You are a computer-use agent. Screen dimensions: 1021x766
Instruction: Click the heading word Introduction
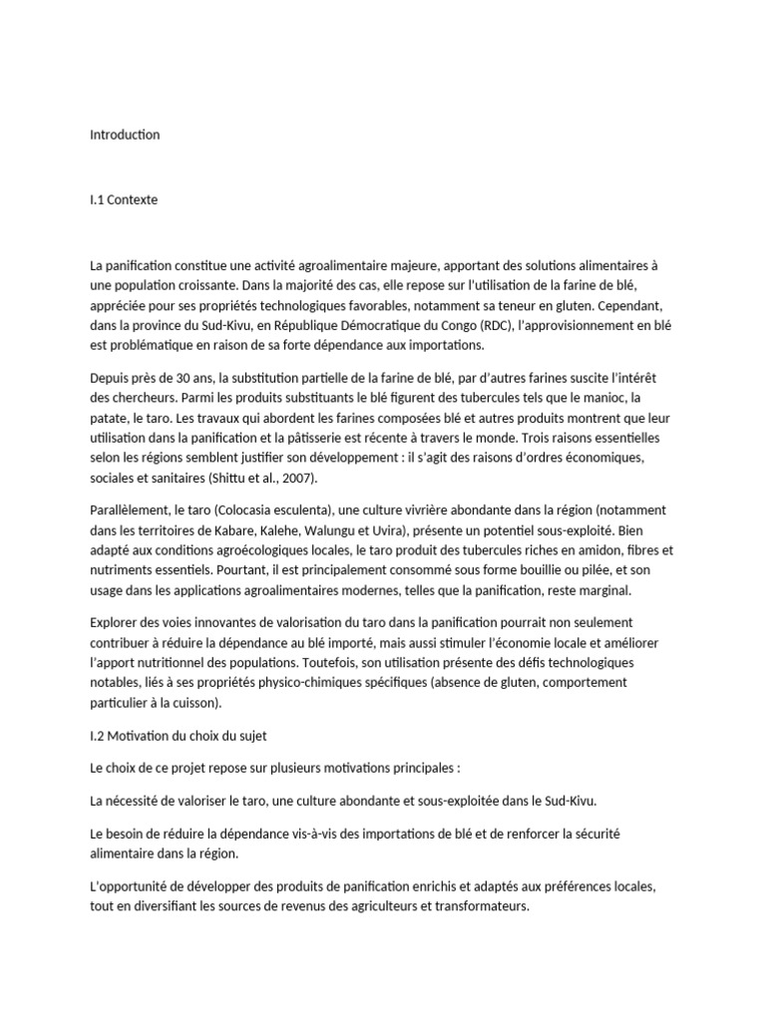[x=125, y=135]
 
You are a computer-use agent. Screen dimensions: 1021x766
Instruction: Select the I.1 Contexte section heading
[x=124, y=199]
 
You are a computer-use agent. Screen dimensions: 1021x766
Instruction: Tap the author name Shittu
[x=224, y=478]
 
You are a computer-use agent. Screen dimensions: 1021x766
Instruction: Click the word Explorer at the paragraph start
[x=116, y=623]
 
